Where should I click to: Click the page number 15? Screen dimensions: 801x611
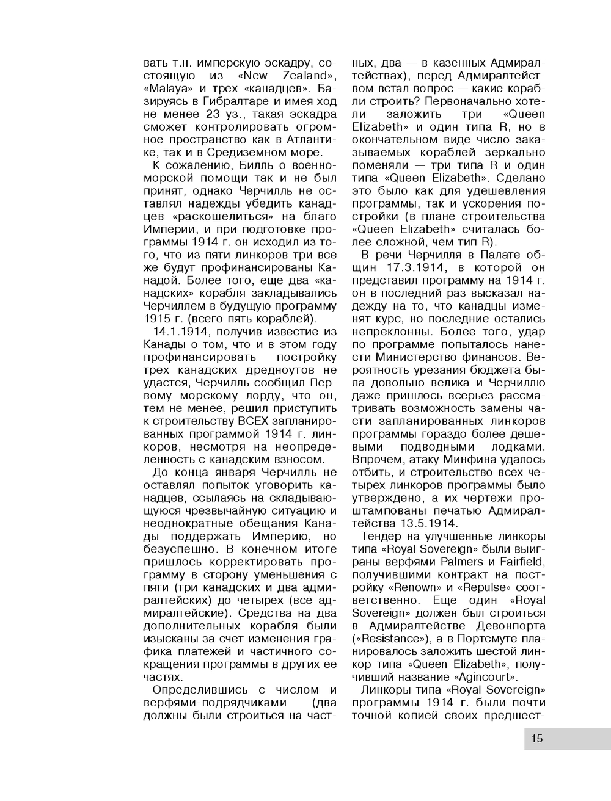coord(536,738)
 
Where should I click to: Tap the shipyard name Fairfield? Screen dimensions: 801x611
coord(522,562)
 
